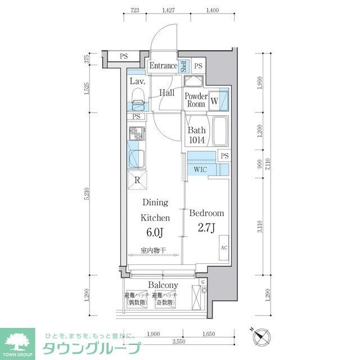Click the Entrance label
click(x=163, y=66)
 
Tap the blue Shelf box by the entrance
click(x=183, y=66)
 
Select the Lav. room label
click(x=138, y=82)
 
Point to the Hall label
click(x=166, y=93)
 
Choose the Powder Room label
click(x=195, y=100)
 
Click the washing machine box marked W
click(x=214, y=101)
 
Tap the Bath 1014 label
click(x=196, y=136)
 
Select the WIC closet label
click(x=200, y=169)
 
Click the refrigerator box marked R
click(x=138, y=180)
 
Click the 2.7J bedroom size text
click(x=206, y=229)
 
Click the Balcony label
click(x=163, y=285)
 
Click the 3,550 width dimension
click(x=179, y=340)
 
